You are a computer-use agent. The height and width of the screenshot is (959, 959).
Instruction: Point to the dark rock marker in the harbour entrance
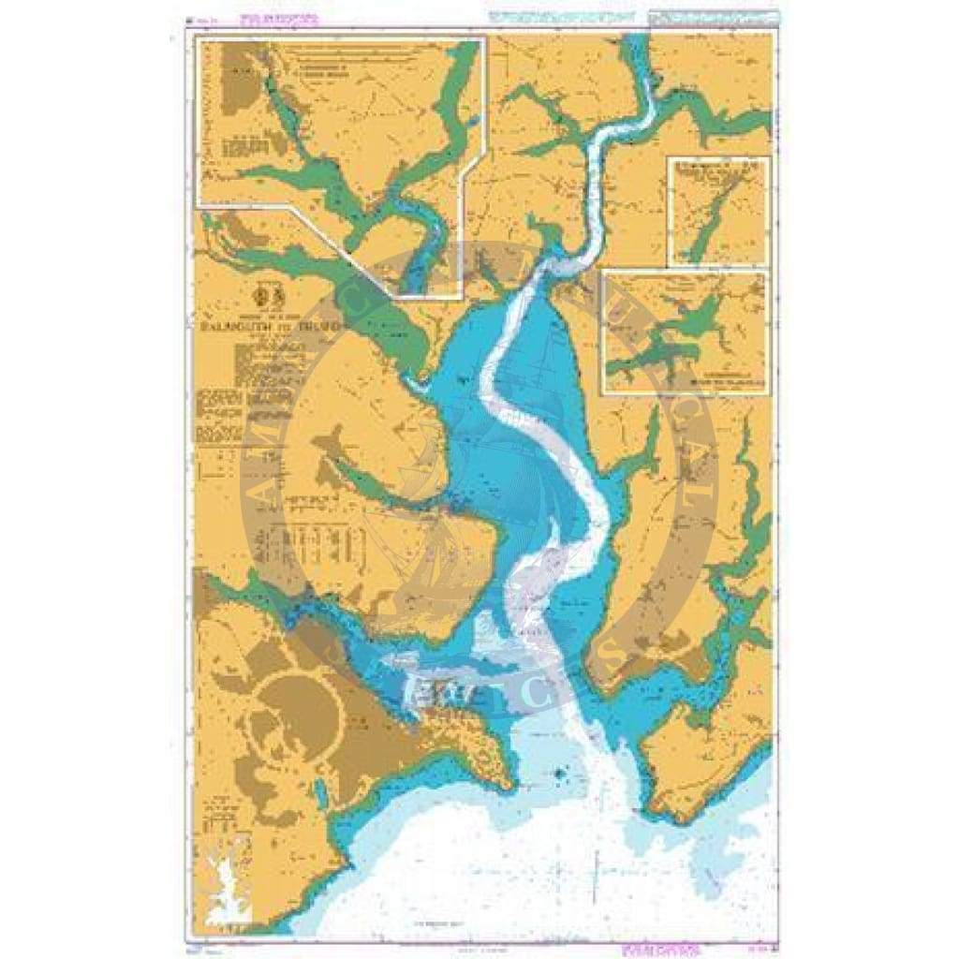click(559, 774)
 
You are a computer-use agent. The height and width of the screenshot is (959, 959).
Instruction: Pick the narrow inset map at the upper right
click(718, 212)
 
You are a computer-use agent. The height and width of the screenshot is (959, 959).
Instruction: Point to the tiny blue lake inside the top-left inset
click(473, 119)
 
